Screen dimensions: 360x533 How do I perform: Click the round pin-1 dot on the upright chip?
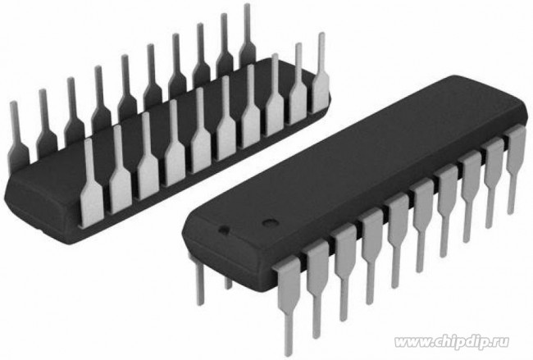266,223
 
